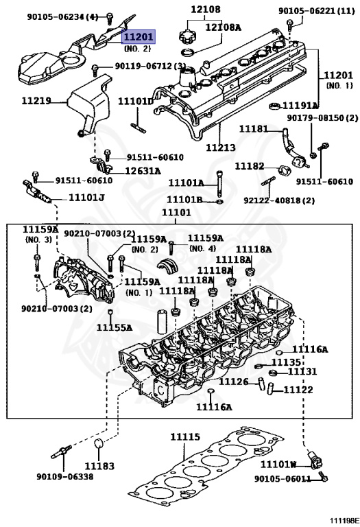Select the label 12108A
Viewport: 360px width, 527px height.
tap(226, 27)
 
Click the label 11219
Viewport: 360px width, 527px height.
tap(36, 101)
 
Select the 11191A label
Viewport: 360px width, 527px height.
tap(302, 106)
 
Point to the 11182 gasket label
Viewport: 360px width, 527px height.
tap(250, 167)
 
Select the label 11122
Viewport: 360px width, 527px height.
tap(298, 390)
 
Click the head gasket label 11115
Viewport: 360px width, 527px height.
tap(185, 436)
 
